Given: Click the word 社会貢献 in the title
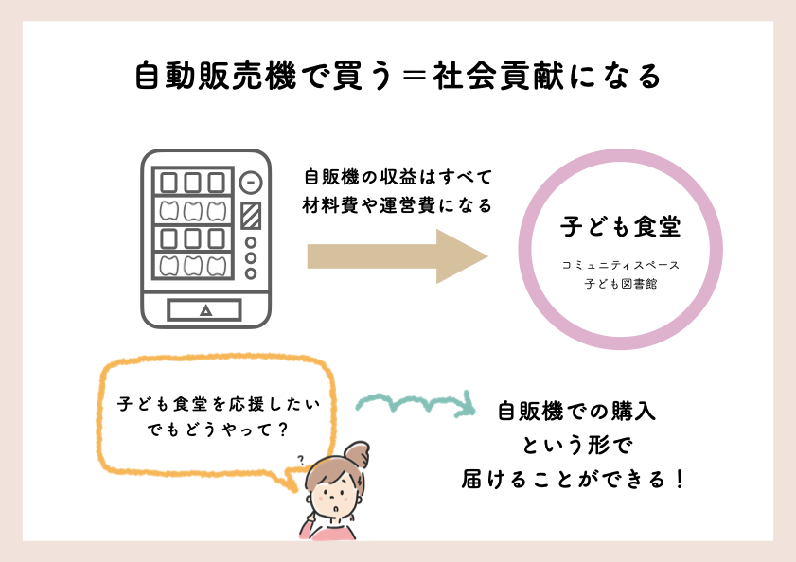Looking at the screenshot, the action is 498,77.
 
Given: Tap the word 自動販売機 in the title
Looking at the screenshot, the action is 216,77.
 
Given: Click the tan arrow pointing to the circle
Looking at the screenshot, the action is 398,256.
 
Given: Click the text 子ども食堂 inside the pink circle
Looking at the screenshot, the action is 620,226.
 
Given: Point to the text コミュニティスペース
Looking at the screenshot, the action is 620,265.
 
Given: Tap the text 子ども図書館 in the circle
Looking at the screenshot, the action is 620,283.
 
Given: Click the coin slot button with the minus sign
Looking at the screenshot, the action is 251,183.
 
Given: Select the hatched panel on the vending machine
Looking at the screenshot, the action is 251,216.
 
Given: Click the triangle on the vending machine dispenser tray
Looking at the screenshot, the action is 205,310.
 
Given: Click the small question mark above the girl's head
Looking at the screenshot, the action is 301,460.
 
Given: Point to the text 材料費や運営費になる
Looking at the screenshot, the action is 397,205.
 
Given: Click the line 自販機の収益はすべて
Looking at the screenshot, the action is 398,177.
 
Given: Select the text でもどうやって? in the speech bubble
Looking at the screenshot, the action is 218,430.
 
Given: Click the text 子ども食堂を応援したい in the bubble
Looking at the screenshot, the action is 219,404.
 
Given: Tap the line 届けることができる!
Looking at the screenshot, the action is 574,480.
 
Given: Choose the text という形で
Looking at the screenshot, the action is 577,446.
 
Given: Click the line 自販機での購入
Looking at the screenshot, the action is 576,411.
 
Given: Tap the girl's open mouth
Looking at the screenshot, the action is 335,508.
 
